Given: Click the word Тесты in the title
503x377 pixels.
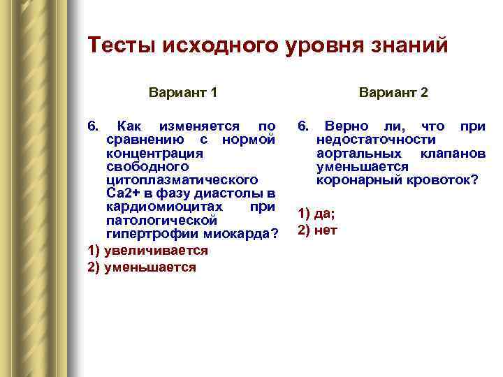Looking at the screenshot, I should point(121,45).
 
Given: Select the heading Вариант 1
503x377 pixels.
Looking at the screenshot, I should point(183,92).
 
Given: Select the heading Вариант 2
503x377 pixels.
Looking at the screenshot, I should point(394,92).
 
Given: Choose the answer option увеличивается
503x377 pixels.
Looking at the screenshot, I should point(156,250).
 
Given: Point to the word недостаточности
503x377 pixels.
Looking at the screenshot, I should point(377,140).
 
